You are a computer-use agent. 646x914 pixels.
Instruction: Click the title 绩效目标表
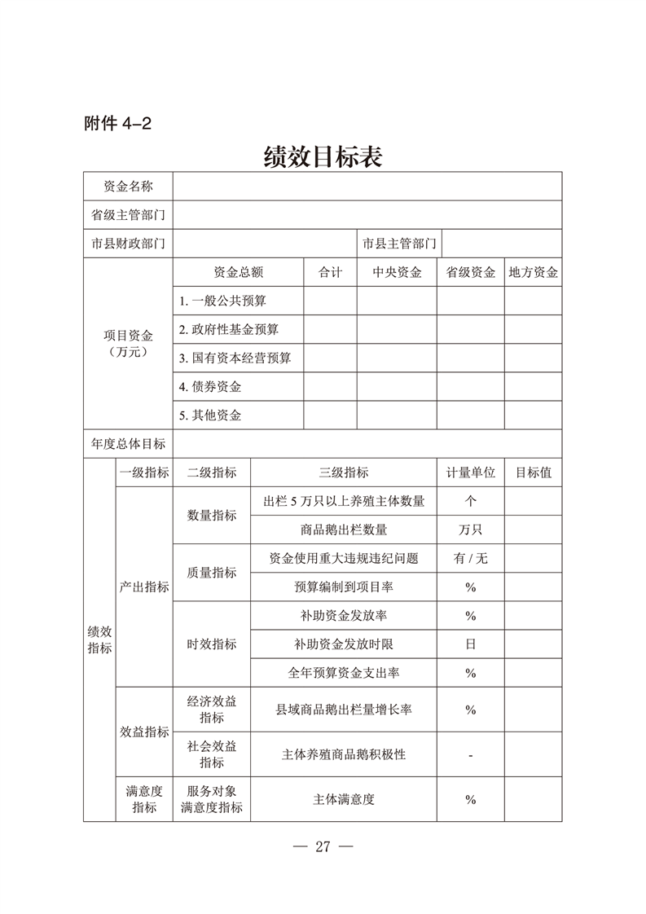323,156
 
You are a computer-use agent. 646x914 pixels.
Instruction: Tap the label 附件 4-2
118,124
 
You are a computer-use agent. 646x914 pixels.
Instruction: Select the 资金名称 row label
128,187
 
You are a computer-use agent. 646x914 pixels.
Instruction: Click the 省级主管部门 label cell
128,215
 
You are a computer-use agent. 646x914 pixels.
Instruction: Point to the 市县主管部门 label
399,244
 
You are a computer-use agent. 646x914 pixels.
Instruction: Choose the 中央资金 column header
397,273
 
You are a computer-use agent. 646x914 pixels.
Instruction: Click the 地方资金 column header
533,273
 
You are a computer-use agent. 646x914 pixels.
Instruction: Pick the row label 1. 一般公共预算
222,301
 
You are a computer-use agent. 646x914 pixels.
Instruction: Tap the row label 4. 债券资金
210,387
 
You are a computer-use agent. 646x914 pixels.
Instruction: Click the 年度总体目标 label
128,444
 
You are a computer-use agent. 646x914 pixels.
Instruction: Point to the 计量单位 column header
470,472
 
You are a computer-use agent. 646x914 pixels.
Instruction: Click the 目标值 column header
533,472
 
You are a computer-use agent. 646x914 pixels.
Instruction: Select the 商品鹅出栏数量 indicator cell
344,530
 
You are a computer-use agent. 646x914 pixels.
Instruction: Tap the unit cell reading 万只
470,530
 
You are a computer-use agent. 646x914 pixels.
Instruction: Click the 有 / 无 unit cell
470,559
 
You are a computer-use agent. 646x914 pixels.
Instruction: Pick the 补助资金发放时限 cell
344,644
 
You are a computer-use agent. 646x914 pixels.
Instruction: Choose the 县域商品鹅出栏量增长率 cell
344,710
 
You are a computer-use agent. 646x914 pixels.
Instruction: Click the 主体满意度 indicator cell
344,799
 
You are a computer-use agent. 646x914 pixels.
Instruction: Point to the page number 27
322,846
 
